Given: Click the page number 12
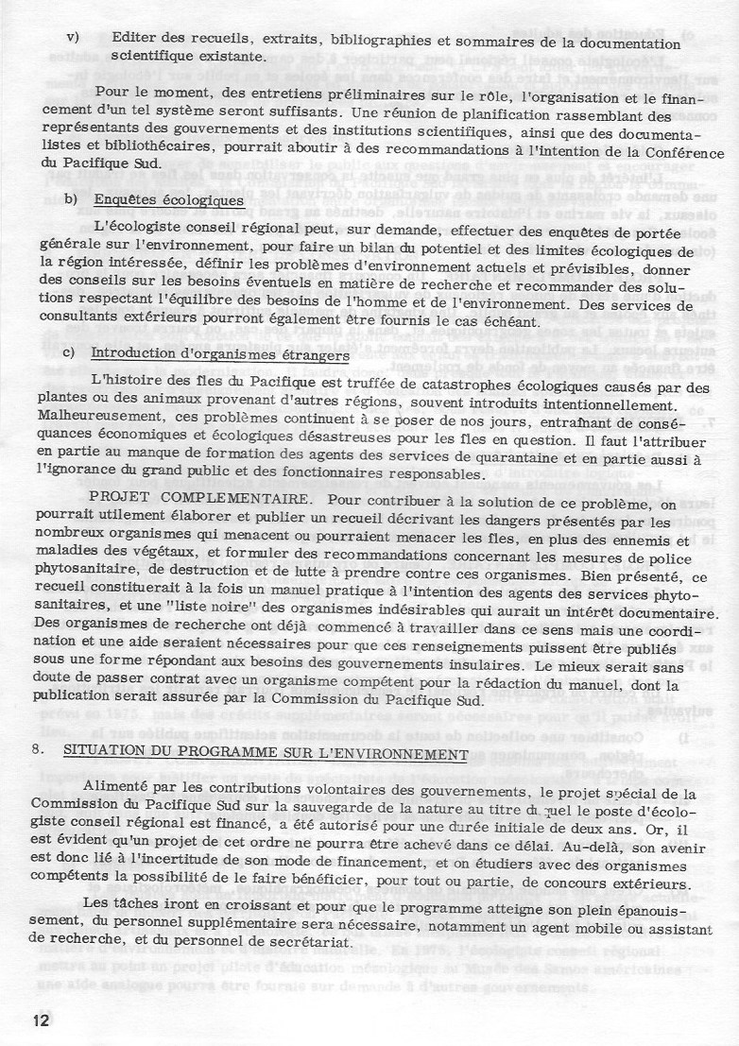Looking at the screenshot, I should point(40,1020).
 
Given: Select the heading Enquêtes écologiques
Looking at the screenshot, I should point(169,200).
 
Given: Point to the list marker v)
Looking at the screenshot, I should point(72,41).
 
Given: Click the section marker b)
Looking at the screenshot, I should point(71,200).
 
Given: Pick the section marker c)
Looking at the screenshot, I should point(69,353).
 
